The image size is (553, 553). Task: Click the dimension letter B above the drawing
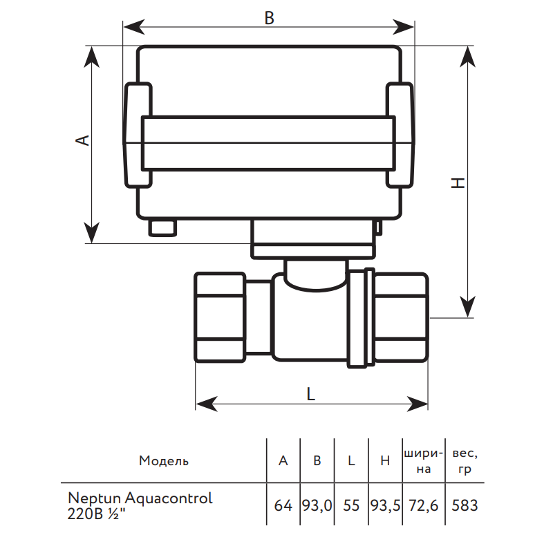pyautogui.click(x=270, y=19)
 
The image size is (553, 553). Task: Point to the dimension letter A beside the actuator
pyautogui.click(x=82, y=140)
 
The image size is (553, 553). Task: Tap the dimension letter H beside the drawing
pyautogui.click(x=458, y=182)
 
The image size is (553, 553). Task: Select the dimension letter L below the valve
pyautogui.click(x=311, y=393)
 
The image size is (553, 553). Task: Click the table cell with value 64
pyautogui.click(x=283, y=505)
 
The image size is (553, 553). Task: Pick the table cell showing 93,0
pyautogui.click(x=317, y=505)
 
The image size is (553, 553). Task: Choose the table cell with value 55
pyautogui.click(x=351, y=505)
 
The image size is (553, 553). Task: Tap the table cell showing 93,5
pyautogui.click(x=386, y=505)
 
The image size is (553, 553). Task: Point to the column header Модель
pyautogui.click(x=164, y=461)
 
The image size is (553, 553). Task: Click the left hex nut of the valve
pyautogui.click(x=221, y=317)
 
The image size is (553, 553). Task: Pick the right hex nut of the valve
pyautogui.click(x=402, y=317)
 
